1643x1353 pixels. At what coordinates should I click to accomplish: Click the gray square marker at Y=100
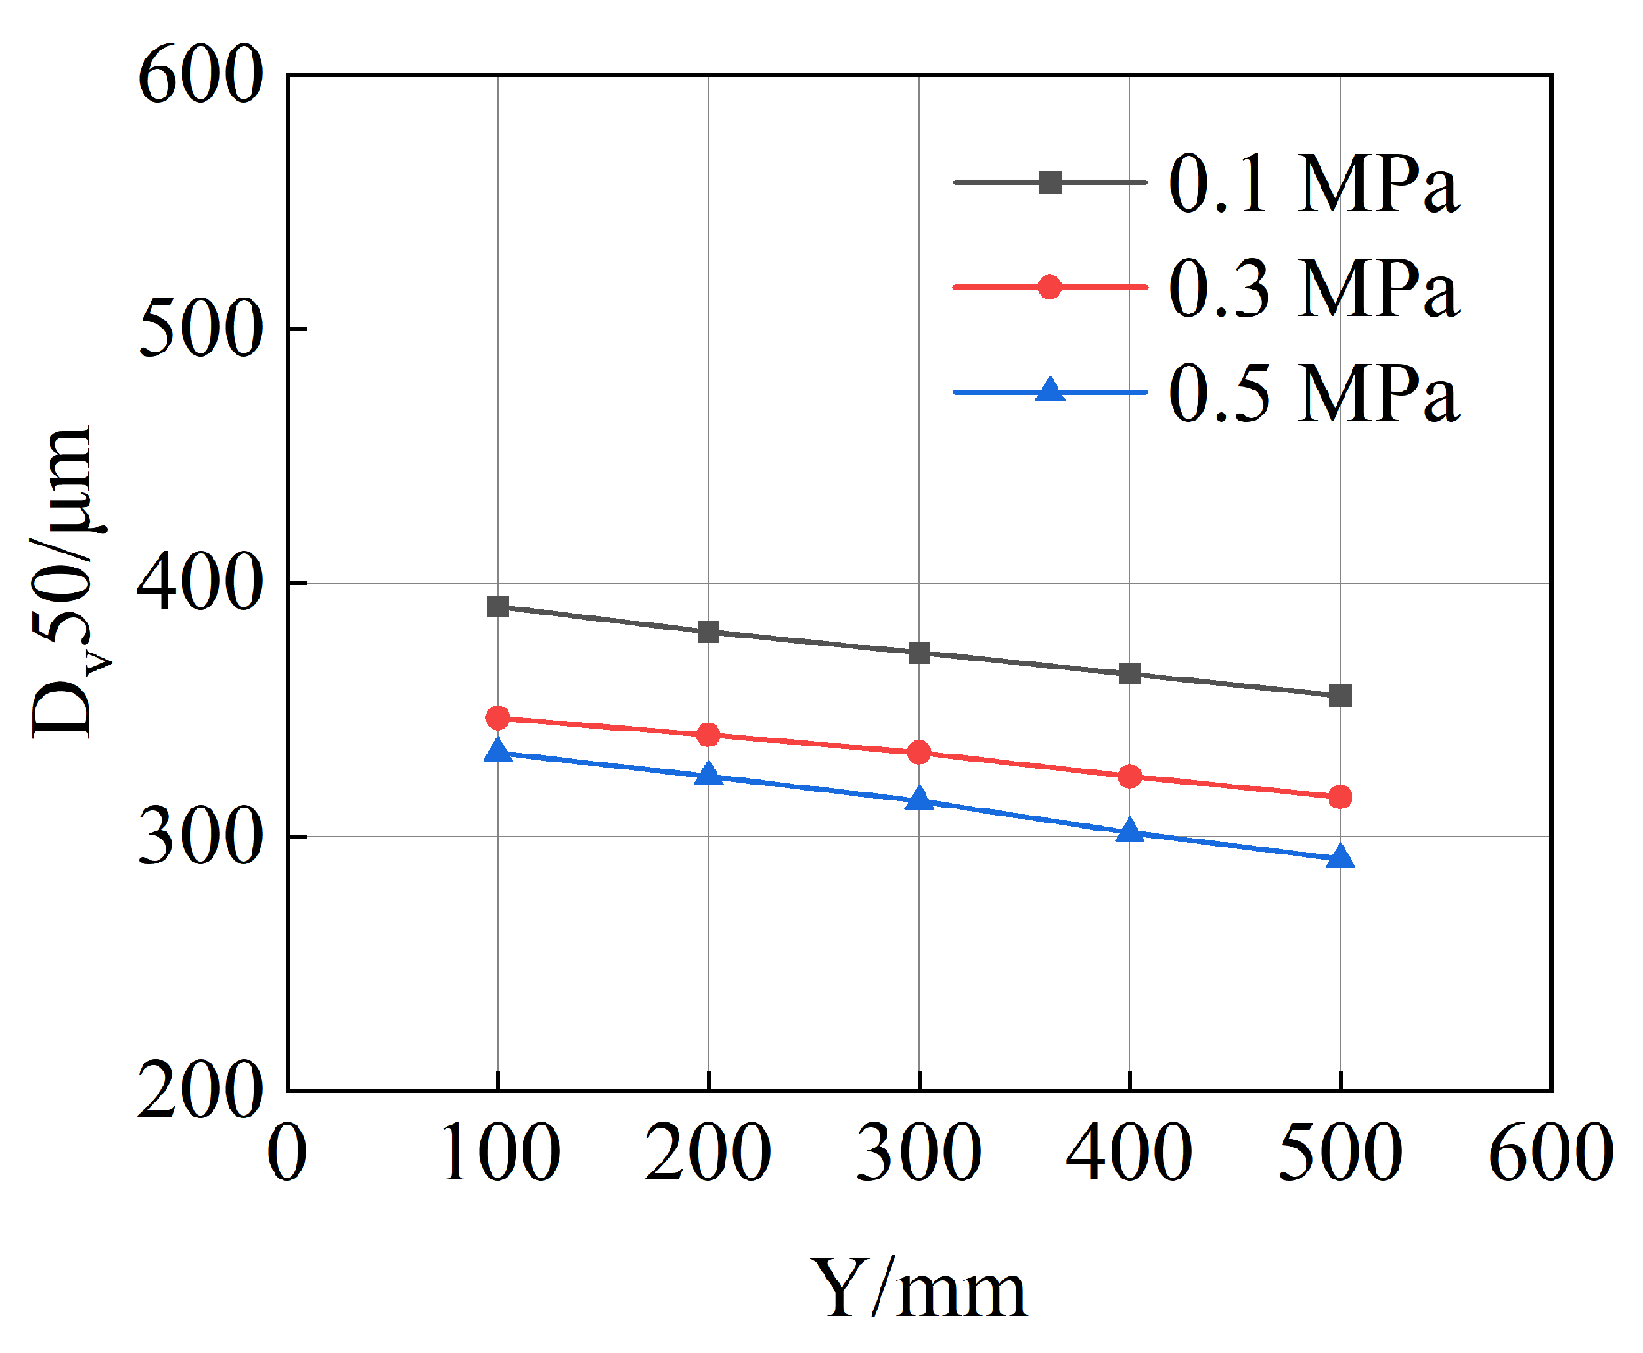[498, 607]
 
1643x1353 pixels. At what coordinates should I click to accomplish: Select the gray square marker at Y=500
[1340, 695]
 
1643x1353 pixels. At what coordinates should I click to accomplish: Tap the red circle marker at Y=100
[498, 717]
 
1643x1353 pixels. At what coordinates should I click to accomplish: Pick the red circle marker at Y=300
[919, 753]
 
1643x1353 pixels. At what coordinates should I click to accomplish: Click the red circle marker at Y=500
[1340, 797]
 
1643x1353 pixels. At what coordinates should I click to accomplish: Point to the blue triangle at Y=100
[498, 751]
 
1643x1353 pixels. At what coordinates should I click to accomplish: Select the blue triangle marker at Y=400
[1129, 831]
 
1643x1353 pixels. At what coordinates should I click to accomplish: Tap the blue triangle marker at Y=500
[1340, 857]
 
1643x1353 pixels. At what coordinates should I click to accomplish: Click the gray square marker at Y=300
[919, 653]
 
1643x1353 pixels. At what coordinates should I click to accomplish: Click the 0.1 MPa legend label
[1313, 184]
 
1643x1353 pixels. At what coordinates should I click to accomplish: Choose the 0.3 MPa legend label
[1313, 288]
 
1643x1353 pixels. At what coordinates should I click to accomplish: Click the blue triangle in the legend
[1050, 390]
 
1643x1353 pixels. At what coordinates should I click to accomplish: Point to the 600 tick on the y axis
[201, 76]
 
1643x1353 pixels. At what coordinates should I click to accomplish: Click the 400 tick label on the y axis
[201, 583]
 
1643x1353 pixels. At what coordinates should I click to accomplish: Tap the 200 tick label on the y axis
[201, 1090]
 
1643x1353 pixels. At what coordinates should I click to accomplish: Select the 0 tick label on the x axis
[287, 1152]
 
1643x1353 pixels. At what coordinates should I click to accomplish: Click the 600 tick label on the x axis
[1550, 1152]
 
